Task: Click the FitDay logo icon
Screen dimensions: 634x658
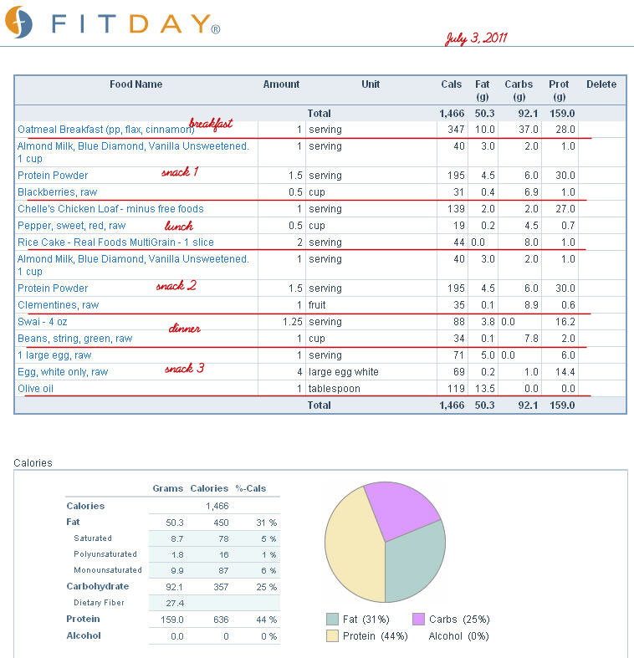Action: (18, 23)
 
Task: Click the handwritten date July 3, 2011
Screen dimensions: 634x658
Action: (476, 38)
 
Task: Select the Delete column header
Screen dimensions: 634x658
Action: (601, 84)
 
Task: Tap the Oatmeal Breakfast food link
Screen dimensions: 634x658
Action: (106, 130)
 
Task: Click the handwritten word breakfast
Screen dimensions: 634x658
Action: (211, 124)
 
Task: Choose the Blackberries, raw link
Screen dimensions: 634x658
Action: (57, 192)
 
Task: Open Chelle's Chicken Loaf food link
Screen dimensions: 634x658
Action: (110, 208)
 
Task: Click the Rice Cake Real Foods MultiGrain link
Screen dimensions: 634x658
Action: (115, 242)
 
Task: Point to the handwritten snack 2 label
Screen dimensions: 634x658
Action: (176, 286)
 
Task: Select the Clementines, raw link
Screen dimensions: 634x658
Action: (58, 305)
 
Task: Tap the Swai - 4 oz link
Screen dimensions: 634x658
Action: (42, 322)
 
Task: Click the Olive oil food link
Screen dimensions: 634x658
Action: (35, 389)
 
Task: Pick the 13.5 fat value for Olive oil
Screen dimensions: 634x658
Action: (484, 389)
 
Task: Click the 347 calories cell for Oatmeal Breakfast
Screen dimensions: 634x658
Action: (456, 130)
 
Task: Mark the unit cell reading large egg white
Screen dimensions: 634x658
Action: (344, 372)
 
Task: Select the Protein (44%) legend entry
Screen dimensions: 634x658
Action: (367, 636)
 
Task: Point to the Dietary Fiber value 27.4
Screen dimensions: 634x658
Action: (175, 603)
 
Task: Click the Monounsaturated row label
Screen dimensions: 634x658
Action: (108, 570)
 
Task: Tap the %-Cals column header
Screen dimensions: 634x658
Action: (251, 488)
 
